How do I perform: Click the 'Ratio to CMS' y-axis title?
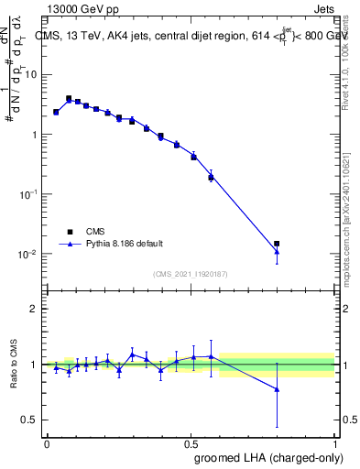[x=14, y=365]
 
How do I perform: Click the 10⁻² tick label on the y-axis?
[x=28, y=254]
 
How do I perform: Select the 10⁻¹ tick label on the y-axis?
[x=28, y=194]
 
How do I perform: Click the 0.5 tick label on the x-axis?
[x=191, y=442]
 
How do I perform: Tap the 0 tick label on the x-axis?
[x=47, y=442]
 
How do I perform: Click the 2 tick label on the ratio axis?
[x=35, y=309]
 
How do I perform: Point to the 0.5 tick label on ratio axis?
[x=30, y=420]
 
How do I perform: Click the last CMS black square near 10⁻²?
[x=277, y=244]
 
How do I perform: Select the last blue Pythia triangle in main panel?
[x=277, y=252]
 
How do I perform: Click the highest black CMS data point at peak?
[x=69, y=98]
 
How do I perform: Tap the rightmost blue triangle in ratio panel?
[x=277, y=389]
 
